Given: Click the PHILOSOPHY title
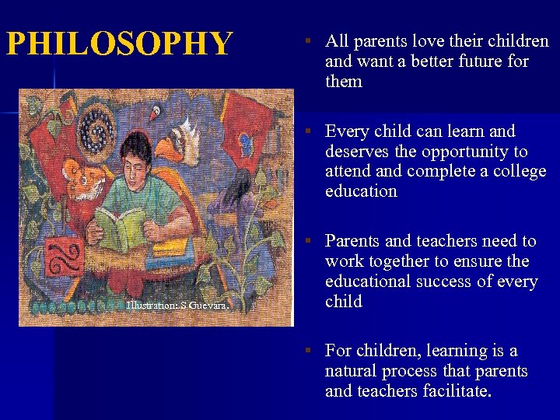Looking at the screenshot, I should point(119,44).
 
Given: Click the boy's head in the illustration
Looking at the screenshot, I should point(138,154).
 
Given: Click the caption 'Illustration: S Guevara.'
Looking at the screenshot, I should point(177,306).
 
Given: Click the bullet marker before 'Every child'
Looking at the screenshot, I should point(308,131).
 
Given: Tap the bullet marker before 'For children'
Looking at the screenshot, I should point(308,351).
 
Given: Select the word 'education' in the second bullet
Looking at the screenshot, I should point(361,191).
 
